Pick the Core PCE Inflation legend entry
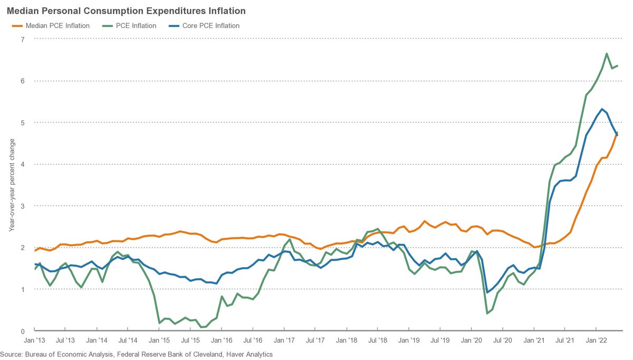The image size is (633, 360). (x=211, y=25)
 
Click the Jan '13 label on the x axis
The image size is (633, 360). (x=35, y=342)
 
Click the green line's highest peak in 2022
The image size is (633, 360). (x=607, y=53)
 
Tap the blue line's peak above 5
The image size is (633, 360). (x=601, y=109)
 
